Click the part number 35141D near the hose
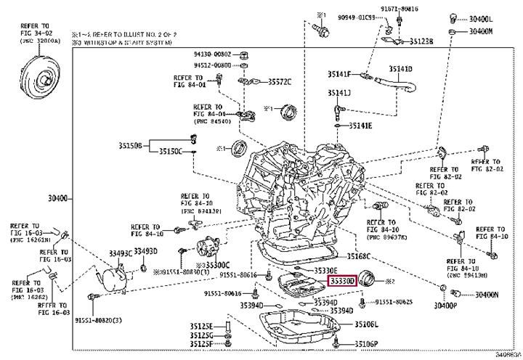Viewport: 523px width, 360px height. click(x=400, y=69)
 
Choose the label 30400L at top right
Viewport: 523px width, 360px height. click(x=480, y=18)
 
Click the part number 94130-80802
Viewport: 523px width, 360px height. click(x=212, y=54)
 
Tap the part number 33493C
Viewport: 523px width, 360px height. click(x=121, y=252)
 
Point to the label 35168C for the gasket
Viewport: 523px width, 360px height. click(x=359, y=256)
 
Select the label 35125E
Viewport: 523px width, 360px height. click(x=201, y=326)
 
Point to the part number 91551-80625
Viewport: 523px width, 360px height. click(x=395, y=301)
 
